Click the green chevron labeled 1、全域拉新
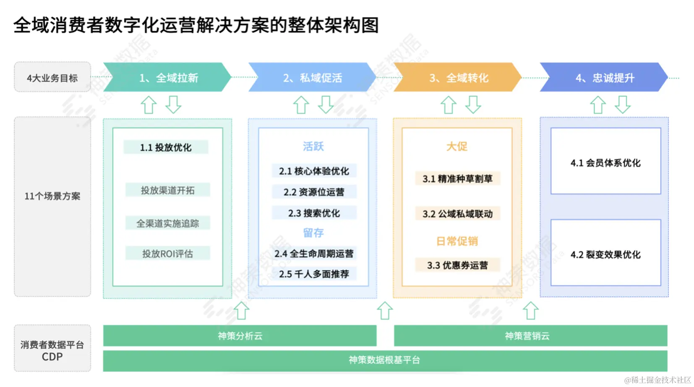pos(168,78)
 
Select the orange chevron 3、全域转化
pos(458,78)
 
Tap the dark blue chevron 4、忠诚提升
pos(604,78)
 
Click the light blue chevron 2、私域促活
pos(312,78)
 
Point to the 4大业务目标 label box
pos(52,78)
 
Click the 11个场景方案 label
pos(52,196)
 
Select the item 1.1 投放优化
pos(166,147)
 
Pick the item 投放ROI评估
pos(167,254)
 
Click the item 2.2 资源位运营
pos(314,192)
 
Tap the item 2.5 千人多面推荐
pos(314,274)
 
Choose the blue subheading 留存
pos(313,233)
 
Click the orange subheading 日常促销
pos(457,241)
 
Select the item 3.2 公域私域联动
pos(457,214)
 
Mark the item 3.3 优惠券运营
pos(457,265)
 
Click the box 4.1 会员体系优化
pos(605,162)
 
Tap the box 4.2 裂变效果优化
pos(605,254)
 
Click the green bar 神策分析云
pos(240,336)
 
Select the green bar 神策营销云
pos(527,336)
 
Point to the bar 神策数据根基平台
pos(385,360)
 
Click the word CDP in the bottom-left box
pos(52,357)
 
